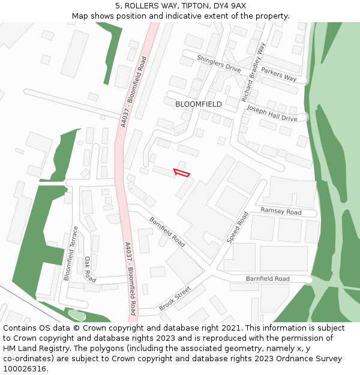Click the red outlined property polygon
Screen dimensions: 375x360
coord(182,173)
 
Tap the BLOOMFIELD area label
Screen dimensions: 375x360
coord(199,104)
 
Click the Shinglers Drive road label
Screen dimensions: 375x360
coord(220,64)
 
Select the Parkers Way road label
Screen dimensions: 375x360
coord(279,74)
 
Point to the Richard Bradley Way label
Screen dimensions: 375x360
coord(253,71)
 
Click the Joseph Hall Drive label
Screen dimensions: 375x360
coord(272,114)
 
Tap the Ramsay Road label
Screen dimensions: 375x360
coord(281,212)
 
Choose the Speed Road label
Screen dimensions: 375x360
coord(237,227)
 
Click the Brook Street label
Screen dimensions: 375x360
coord(175,298)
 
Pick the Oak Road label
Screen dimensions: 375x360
coord(90,269)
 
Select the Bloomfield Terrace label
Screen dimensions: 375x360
coord(71,253)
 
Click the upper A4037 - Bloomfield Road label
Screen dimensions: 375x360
coord(133,91)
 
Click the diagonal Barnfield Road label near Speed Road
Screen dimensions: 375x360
coord(167,232)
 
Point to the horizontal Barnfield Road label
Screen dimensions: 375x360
coord(268,279)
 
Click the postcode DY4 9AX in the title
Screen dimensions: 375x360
coord(230,5)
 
